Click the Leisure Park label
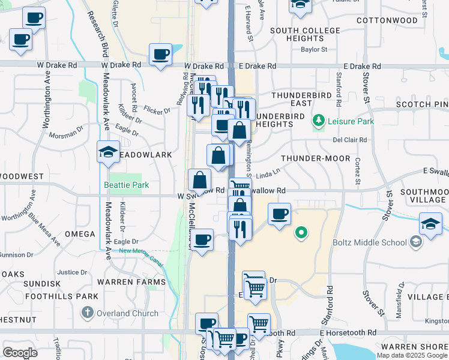click(x=351, y=121)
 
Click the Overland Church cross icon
click(x=88, y=313)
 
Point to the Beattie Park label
click(x=126, y=185)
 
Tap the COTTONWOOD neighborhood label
click(x=387, y=20)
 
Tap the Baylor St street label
click(x=313, y=50)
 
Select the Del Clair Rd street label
click(x=350, y=140)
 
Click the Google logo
click(x=20, y=353)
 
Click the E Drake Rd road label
click(x=258, y=66)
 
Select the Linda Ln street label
click(x=268, y=173)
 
